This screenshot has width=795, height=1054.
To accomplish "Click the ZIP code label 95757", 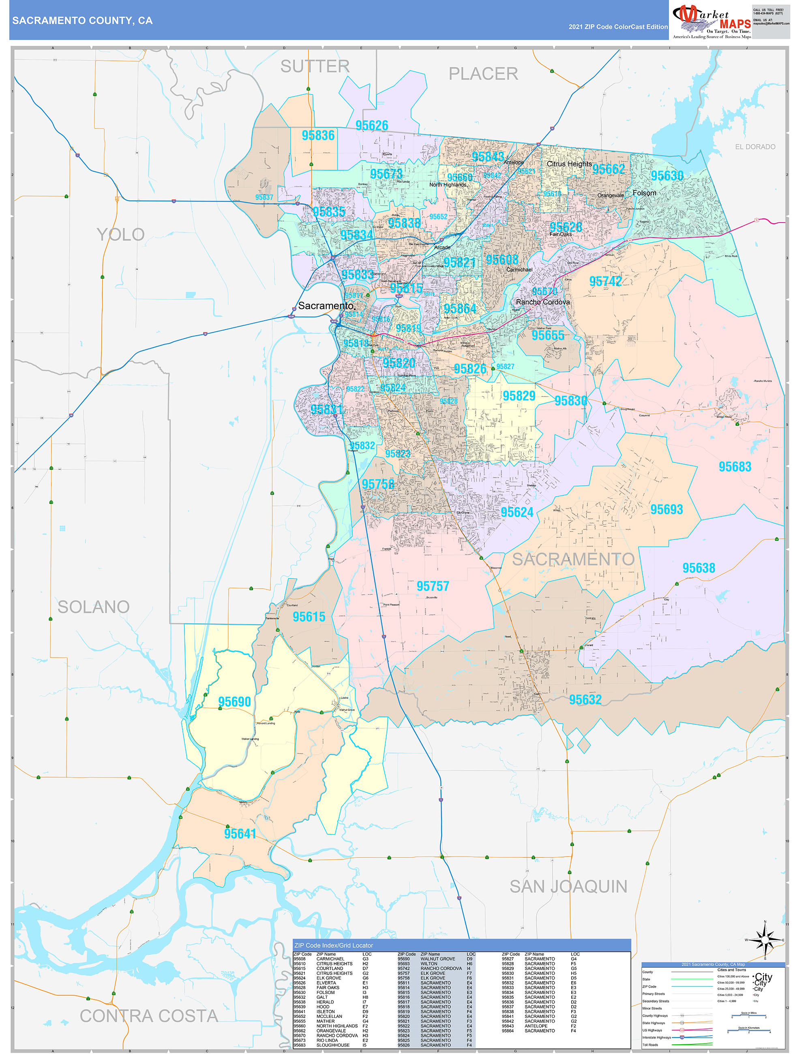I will click(x=432, y=586).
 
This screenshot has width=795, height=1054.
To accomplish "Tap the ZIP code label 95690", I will click(x=234, y=702).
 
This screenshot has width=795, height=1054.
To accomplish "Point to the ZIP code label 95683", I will click(x=735, y=467).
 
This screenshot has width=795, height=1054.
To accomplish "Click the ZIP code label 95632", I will click(x=585, y=699).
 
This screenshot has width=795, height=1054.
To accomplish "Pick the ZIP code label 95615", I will click(x=309, y=617).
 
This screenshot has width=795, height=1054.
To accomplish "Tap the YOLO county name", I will click(x=120, y=234).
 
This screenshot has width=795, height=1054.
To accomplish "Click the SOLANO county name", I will click(x=93, y=606).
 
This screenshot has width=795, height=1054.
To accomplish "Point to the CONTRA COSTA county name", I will click(x=149, y=1016).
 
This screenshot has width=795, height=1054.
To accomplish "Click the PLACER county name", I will click(x=483, y=74).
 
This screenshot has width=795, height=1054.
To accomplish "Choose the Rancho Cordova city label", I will click(x=542, y=302).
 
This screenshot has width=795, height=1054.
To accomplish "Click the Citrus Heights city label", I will click(x=569, y=164).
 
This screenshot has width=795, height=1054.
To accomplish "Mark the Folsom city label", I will click(x=644, y=193).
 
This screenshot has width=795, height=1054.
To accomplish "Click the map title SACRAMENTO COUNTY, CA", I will click(x=82, y=21).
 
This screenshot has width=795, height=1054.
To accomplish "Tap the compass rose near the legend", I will click(x=765, y=940).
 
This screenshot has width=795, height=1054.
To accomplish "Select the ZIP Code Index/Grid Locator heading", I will click(x=333, y=945).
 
